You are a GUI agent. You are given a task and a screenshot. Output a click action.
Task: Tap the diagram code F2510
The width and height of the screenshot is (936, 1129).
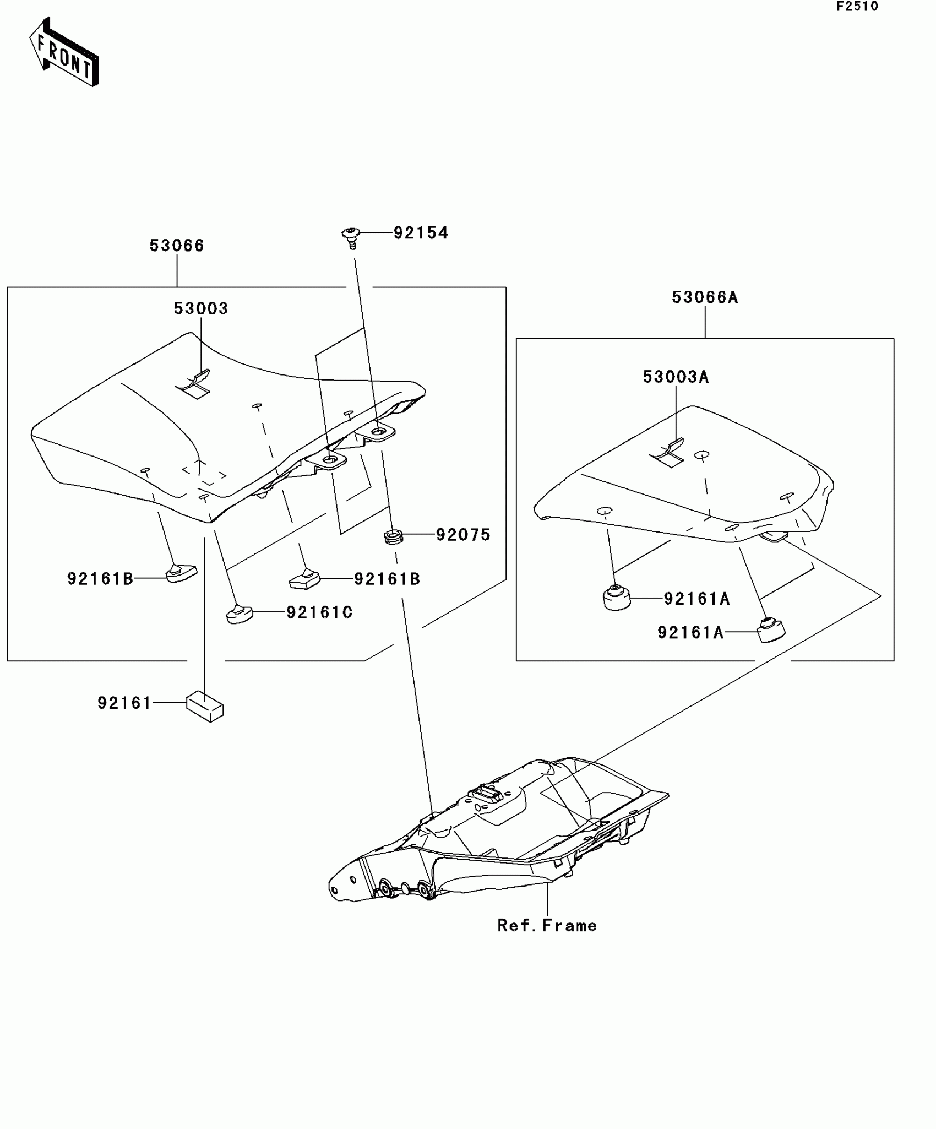tap(857, 7)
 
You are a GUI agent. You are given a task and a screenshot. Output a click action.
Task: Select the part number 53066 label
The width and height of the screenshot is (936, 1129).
tap(177, 246)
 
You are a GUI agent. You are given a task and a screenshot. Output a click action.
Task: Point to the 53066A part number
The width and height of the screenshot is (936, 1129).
tap(705, 298)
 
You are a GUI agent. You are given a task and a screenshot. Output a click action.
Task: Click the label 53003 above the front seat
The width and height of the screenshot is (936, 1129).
tap(201, 308)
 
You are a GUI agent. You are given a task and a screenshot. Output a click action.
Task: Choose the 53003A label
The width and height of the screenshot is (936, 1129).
tap(676, 377)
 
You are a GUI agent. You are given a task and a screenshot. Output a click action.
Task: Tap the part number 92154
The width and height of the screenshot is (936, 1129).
tap(421, 233)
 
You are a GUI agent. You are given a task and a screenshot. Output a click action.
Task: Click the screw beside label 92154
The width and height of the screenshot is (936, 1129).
tap(351, 237)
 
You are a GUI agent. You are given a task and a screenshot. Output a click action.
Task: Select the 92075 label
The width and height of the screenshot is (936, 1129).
tap(463, 535)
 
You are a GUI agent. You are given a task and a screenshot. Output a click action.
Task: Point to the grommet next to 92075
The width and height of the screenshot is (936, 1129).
tap(393, 536)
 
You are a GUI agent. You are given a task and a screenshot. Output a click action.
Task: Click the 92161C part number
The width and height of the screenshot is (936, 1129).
tap(319, 612)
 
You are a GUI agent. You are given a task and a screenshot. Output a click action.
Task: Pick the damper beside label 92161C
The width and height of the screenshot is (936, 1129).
tap(240, 614)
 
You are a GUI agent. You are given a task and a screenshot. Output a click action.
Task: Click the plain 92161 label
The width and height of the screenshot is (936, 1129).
tap(124, 703)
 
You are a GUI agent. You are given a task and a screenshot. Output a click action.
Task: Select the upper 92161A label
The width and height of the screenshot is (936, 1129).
tap(697, 599)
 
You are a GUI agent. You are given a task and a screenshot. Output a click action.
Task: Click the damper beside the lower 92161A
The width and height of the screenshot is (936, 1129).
tap(771, 631)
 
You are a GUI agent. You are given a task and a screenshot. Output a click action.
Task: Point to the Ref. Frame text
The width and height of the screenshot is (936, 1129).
tap(547, 926)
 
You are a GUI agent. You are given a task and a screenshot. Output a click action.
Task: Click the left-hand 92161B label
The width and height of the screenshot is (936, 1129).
tap(100, 579)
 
